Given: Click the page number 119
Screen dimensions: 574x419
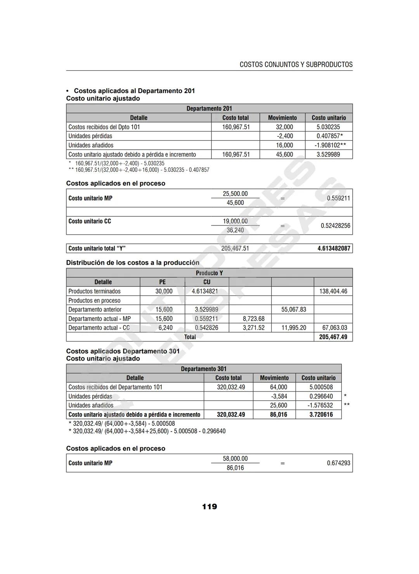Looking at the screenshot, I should point(209,506).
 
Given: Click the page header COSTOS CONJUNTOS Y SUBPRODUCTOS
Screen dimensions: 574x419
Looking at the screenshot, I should point(296,65).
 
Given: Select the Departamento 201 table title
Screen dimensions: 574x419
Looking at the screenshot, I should point(209,108).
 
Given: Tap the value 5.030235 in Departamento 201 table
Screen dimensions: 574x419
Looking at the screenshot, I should point(328,127).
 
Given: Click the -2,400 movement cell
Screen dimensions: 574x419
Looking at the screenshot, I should point(285,136).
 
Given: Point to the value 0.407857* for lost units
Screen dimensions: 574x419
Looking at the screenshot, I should point(329,136).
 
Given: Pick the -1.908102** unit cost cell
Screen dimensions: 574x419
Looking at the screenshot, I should point(330,145).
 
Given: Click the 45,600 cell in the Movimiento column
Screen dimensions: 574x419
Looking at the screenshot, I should point(285,154).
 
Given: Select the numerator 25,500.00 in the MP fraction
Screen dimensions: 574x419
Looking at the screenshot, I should point(235,194).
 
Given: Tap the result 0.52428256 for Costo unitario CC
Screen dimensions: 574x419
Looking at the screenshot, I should point(335,226).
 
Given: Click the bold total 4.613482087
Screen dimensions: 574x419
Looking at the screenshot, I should point(334,248).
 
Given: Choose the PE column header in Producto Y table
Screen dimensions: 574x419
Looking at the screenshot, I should point(162,282).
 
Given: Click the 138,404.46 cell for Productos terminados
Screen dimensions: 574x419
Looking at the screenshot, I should point(333,291).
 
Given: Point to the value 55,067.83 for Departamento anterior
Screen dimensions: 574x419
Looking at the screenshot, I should point(294,309).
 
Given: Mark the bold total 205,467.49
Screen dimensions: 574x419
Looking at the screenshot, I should point(333,337).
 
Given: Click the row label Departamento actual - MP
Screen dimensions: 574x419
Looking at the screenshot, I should point(100,319).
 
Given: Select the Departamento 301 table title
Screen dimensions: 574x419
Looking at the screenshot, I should point(204,369).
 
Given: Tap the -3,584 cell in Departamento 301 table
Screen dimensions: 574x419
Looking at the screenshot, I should point(279,396).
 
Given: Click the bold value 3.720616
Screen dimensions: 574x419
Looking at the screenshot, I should point(321,415).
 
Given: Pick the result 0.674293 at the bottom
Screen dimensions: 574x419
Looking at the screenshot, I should point(338,463).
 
